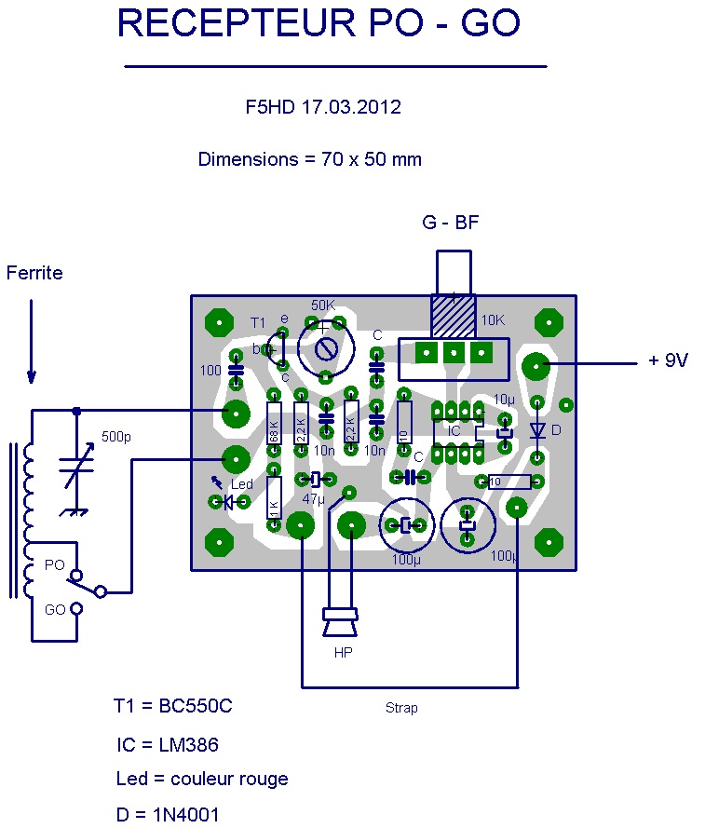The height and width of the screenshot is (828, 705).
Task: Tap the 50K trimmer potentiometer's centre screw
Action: tap(326, 349)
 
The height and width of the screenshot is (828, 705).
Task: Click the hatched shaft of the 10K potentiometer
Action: tap(454, 318)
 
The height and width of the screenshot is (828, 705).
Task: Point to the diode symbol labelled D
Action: tap(537, 429)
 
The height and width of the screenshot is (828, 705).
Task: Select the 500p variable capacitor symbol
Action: tap(75, 466)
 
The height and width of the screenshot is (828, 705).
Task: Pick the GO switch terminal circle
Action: tap(76, 609)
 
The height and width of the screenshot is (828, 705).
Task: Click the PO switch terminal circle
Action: tap(76, 575)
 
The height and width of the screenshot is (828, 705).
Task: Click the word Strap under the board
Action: tap(401, 708)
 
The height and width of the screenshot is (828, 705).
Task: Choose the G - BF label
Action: tap(451, 223)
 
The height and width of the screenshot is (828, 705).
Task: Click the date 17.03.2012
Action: tap(351, 107)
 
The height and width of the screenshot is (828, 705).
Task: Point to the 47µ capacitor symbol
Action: tap(315, 480)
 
